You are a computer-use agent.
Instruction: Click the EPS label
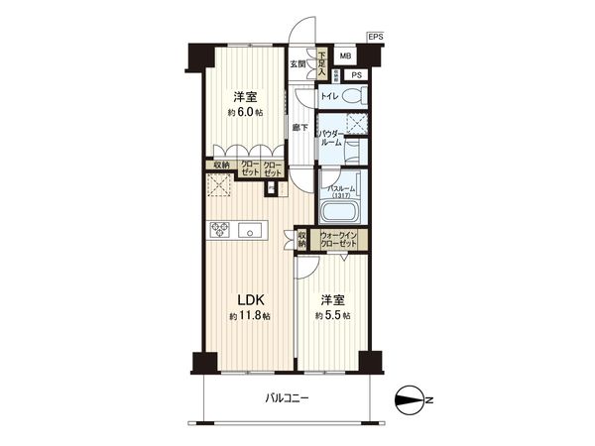tap(375, 37)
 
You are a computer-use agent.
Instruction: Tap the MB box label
tap(344, 56)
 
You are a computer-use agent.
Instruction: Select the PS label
tap(355, 74)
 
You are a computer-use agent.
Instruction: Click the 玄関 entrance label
tap(297, 64)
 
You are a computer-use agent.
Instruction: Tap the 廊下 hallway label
tap(298, 128)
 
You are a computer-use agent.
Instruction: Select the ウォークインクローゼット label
tap(339, 240)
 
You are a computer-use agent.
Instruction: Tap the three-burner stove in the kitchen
tap(220, 231)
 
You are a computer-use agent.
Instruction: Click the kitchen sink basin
tap(256, 231)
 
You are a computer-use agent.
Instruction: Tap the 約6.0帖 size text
tap(247, 113)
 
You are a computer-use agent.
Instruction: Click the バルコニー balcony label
tap(288, 398)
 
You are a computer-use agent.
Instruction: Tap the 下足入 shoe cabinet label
tap(322, 64)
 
